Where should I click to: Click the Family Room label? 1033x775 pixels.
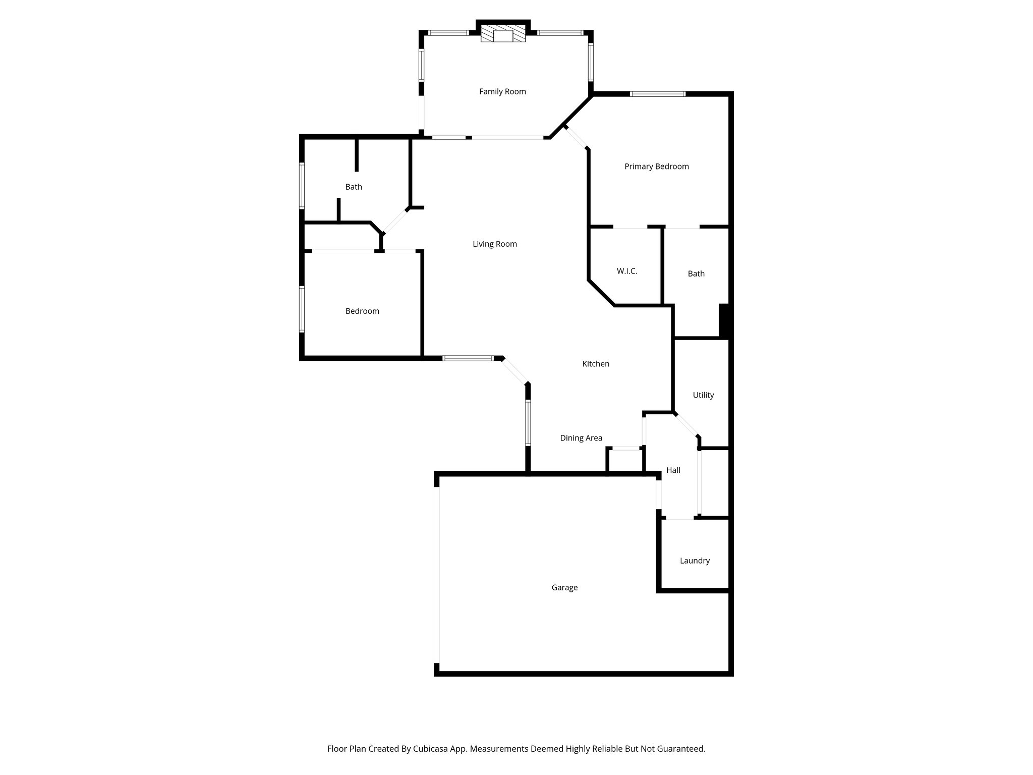pos(502,92)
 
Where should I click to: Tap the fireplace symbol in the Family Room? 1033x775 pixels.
pos(502,35)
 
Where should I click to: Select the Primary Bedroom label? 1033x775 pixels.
pos(656,167)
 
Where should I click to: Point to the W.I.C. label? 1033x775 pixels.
pos(627,271)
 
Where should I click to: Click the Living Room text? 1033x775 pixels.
pos(494,244)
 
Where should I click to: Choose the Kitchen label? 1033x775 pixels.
pos(596,364)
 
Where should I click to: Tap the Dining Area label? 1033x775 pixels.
pos(581,438)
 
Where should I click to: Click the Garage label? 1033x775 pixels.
pos(564,587)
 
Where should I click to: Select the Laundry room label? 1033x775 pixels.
pos(695,561)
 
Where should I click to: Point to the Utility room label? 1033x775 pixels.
pos(703,395)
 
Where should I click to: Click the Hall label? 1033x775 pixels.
pos(673,470)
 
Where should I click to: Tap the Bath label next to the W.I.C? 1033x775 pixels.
pos(696,273)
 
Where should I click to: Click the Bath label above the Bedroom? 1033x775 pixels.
pos(354,187)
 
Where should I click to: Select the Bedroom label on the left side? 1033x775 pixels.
pos(362,311)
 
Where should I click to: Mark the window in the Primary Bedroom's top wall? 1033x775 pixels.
pos(657,94)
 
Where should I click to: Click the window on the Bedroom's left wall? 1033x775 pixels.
pos(302,309)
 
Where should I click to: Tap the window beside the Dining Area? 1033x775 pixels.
pos(528,422)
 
